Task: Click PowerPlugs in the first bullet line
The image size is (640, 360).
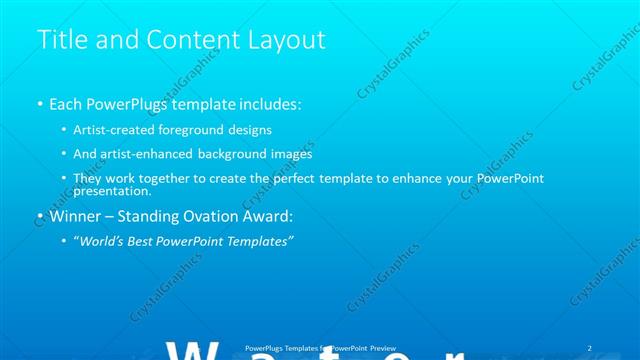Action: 124,104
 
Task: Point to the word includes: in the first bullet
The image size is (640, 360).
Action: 267,104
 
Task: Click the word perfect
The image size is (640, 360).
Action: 302,178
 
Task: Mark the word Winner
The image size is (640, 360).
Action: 75,216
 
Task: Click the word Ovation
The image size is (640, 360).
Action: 212,216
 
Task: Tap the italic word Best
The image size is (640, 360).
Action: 146,241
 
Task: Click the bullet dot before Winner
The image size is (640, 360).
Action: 39,216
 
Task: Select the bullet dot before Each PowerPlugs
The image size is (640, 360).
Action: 39,104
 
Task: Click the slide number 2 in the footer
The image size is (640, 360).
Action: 590,347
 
